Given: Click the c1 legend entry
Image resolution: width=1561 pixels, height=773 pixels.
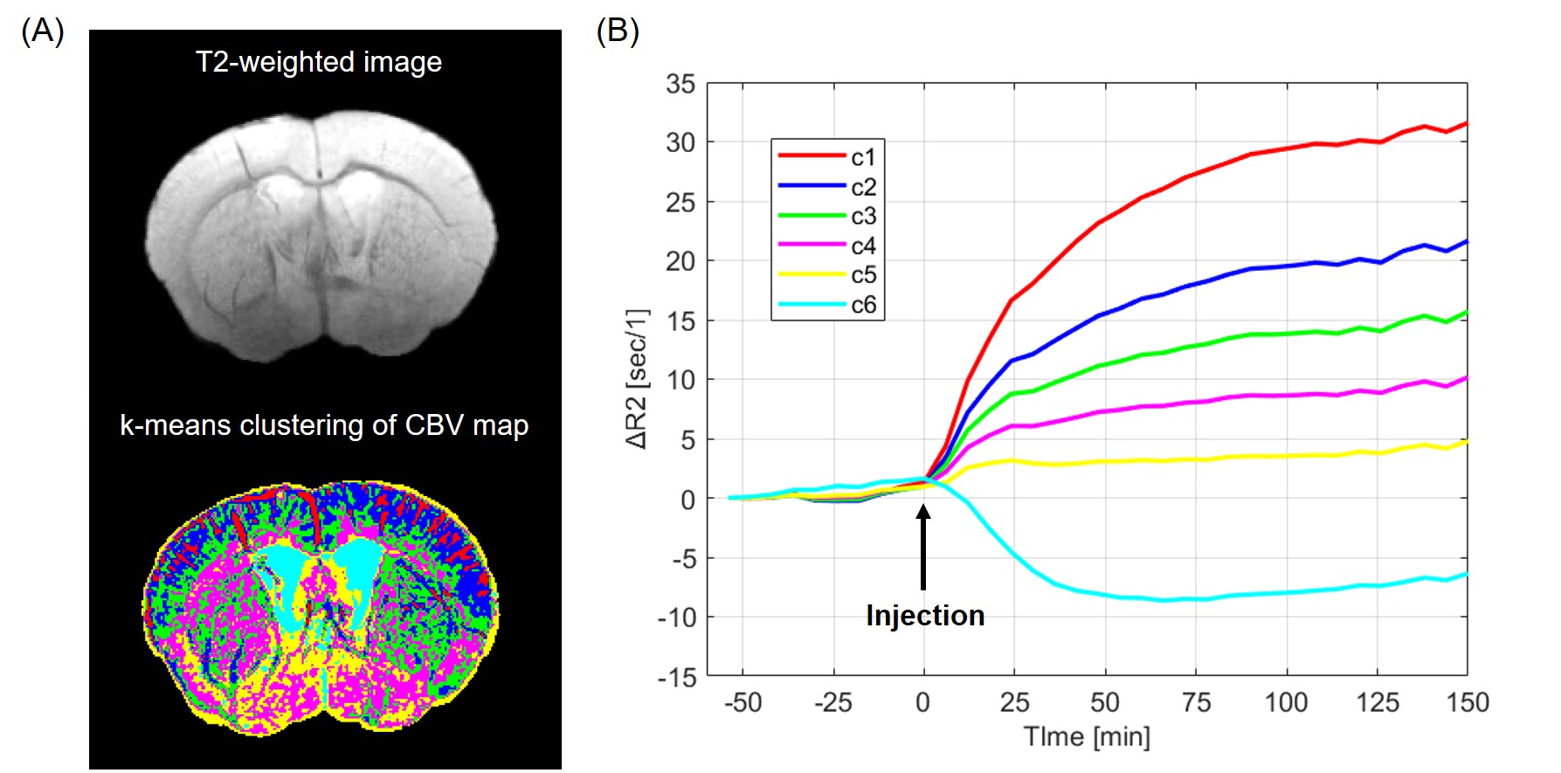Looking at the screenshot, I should click(x=826, y=157).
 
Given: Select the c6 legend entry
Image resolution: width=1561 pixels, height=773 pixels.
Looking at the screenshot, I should click(x=826, y=305).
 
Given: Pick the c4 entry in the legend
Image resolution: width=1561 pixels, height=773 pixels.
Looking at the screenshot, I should click(x=826, y=246).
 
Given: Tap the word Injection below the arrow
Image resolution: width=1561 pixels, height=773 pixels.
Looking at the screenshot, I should click(x=925, y=616).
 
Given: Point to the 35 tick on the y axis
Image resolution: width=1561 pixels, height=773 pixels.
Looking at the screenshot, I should click(x=680, y=84).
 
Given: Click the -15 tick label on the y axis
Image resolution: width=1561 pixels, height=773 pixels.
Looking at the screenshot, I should click(x=677, y=678).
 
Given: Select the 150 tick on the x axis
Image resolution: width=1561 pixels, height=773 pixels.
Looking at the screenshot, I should click(x=1468, y=703).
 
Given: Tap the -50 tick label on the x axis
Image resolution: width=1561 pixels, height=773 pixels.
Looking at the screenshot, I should click(x=743, y=703).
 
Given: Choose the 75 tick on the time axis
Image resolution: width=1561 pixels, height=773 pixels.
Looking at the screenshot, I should click(x=1196, y=703).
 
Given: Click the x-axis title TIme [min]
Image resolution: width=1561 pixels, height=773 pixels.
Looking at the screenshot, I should click(x=1086, y=737).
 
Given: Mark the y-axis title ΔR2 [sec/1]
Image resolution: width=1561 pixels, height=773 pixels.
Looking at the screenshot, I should click(x=638, y=378).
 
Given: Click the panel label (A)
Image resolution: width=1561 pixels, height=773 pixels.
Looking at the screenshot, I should click(x=42, y=31).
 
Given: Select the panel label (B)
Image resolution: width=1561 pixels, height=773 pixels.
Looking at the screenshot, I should click(x=617, y=31).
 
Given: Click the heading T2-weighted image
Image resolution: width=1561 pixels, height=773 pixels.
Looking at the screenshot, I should click(x=318, y=62).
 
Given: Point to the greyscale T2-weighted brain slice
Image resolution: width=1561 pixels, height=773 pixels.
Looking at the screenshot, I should click(x=321, y=236).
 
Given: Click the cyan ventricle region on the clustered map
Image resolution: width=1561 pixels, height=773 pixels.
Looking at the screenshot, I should click(x=357, y=559).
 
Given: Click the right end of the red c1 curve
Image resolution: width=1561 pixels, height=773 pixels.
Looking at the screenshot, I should click(x=1466, y=124).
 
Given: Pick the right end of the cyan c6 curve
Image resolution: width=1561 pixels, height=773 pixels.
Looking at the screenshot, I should click(x=1466, y=574).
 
